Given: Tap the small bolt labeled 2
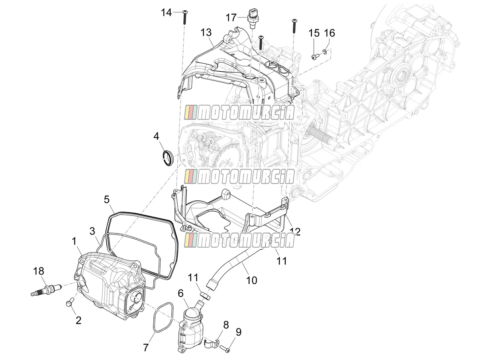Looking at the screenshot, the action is (69, 303).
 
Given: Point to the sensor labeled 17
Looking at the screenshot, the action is (252, 19).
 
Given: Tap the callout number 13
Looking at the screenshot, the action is (206, 33).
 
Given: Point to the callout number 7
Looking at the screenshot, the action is (146, 348).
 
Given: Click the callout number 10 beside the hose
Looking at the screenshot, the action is (251, 280).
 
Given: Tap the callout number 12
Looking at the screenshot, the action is (295, 232).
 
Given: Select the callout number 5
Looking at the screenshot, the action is (106, 200).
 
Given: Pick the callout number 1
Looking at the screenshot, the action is (74, 242).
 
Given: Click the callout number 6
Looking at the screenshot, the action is (180, 293).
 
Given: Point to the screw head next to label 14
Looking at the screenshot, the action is (184, 12).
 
